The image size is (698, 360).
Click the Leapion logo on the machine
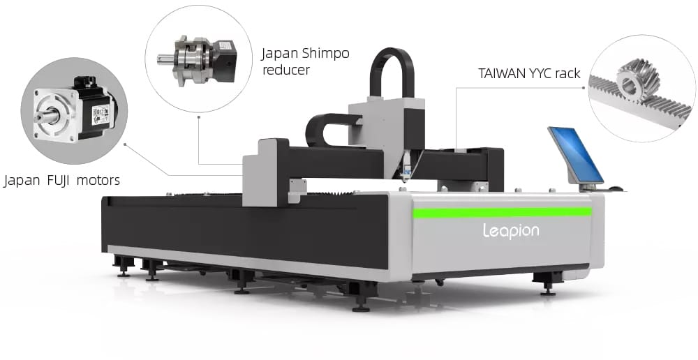pos(511,231)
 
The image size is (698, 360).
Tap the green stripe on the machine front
pos(502,212)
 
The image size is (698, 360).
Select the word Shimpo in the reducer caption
pos(325,54)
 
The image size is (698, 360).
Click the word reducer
pos(285,70)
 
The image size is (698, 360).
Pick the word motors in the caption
pos(98,181)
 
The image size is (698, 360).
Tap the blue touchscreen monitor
pos(576,154)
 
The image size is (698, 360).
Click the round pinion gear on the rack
pos(637,82)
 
